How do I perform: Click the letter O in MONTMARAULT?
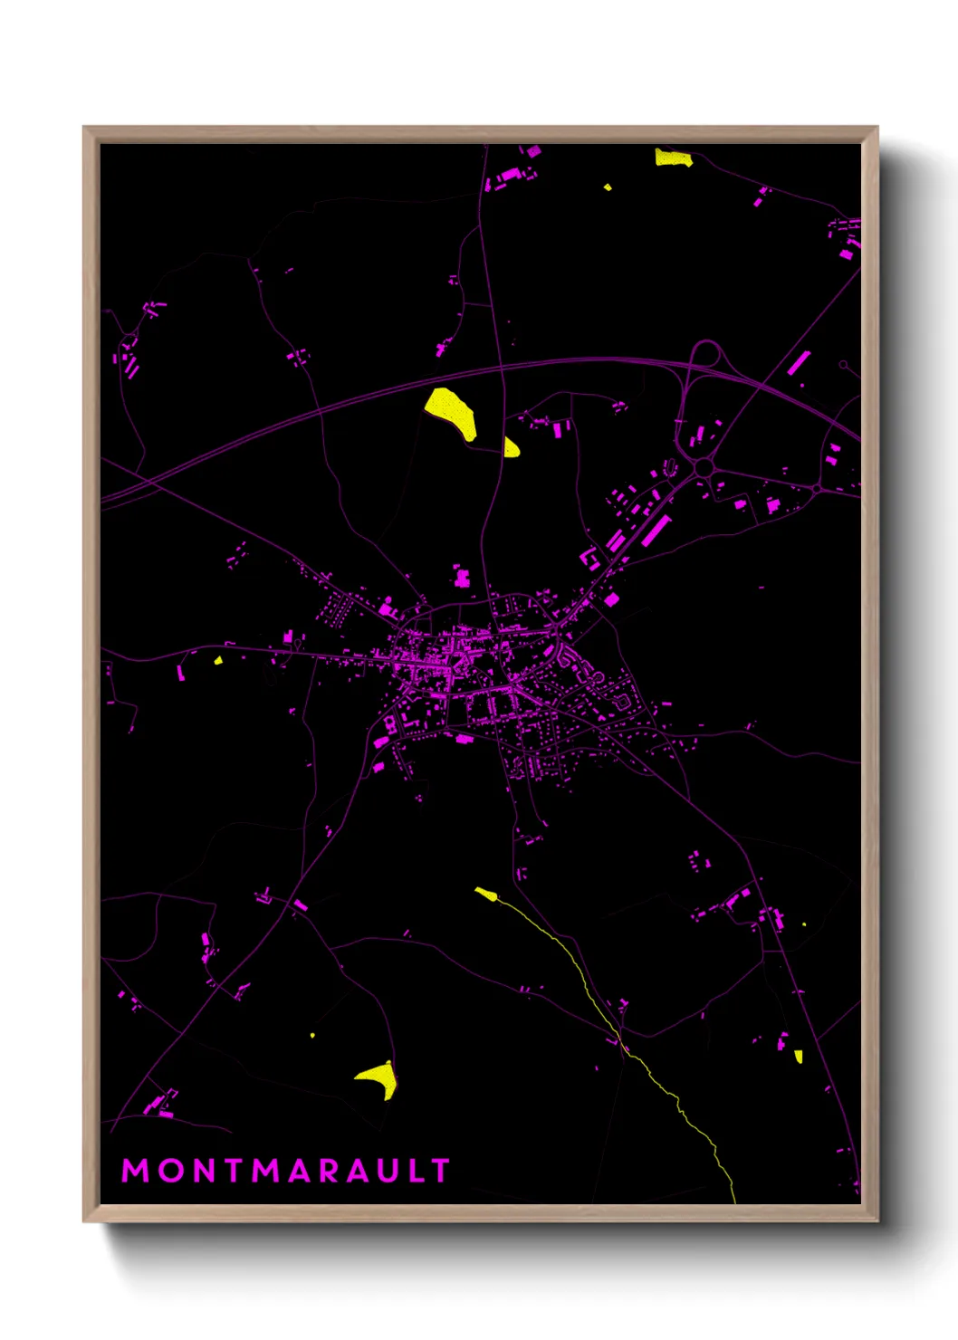pyautogui.click(x=170, y=1171)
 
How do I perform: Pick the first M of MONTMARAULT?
pyautogui.click(x=135, y=1171)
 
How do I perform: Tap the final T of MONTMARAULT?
pyautogui.click(x=442, y=1171)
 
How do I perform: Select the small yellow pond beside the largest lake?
pyautogui.click(x=512, y=447)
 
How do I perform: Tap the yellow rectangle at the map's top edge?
pyautogui.click(x=674, y=158)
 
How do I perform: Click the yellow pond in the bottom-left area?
pyautogui.click(x=378, y=1079)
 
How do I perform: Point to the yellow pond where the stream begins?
pyautogui.click(x=486, y=895)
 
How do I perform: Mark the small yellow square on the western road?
pyautogui.click(x=218, y=660)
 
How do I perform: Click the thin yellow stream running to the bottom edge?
pyautogui.click(x=675, y=1096)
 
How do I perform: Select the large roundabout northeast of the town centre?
pyautogui.click(x=704, y=467)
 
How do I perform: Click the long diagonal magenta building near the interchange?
pyautogui.click(x=798, y=362)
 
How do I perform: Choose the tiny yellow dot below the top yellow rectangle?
pyautogui.click(x=608, y=187)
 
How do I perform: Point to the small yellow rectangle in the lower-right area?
pyautogui.click(x=798, y=1056)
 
